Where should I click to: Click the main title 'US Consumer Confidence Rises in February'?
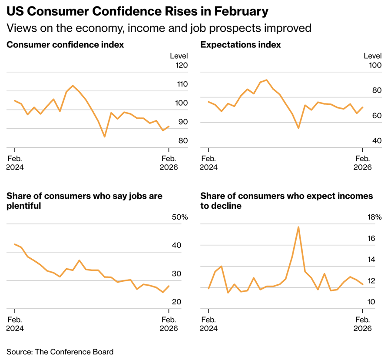click(x=137, y=10)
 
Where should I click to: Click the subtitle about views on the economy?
click(x=159, y=28)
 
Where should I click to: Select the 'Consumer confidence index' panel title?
click(x=65, y=45)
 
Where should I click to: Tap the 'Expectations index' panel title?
click(x=240, y=45)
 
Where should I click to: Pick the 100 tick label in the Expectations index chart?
click(x=374, y=66)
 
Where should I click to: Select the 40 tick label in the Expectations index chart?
click(x=376, y=141)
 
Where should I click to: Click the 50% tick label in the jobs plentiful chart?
click(x=179, y=217)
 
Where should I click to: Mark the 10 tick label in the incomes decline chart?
click(x=377, y=302)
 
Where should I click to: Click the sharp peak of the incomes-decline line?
click(x=298, y=227)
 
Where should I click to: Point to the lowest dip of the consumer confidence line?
click(x=105, y=137)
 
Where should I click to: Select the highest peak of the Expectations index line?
click(x=266, y=80)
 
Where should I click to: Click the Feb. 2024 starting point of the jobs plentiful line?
click(x=15, y=244)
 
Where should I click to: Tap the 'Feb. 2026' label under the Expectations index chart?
click(x=362, y=163)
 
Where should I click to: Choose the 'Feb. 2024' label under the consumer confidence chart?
click(x=16, y=163)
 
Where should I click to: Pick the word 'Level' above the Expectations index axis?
click(x=372, y=56)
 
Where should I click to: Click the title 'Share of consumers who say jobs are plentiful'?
click(x=84, y=200)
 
